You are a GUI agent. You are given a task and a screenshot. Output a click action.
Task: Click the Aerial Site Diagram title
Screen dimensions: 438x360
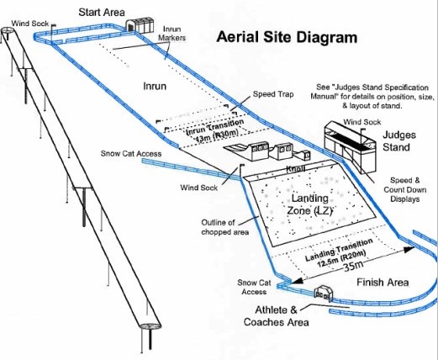point(287,37)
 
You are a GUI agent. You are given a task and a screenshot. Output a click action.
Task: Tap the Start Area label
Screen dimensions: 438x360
point(102,13)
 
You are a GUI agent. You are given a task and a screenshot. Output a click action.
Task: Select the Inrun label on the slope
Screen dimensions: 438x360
point(155,86)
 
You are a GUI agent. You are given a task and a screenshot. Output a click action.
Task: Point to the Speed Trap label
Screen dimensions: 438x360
point(273,94)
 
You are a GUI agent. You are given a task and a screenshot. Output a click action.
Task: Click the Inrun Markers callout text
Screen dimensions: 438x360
point(172,34)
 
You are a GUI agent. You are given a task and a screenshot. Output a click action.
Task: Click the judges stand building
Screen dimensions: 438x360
point(351,146)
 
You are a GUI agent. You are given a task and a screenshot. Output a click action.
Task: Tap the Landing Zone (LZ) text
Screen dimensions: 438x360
point(309,204)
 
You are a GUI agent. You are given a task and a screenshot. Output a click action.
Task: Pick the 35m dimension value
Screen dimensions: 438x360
point(353,265)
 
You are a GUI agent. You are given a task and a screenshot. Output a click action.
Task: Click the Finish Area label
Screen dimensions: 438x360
point(383,282)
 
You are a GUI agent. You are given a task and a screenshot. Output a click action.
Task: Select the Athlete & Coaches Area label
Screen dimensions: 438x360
point(277,316)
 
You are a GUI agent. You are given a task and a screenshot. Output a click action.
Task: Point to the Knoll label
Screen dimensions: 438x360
point(296,169)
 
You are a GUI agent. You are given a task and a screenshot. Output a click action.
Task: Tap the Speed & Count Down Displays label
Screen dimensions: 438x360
point(405,189)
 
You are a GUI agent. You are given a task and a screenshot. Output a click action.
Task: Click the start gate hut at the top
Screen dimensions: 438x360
point(140,26)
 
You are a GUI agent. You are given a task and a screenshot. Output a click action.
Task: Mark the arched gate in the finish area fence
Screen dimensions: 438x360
point(324,294)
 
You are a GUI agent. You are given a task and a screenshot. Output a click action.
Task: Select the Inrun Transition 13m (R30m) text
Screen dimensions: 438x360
point(215,131)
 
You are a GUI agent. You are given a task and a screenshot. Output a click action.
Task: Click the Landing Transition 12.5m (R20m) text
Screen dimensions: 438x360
point(339,253)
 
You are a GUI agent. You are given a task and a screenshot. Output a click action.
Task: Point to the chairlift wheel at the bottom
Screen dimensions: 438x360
point(150,326)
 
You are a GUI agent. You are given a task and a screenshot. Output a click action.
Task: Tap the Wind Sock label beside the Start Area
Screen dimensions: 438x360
point(30,24)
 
